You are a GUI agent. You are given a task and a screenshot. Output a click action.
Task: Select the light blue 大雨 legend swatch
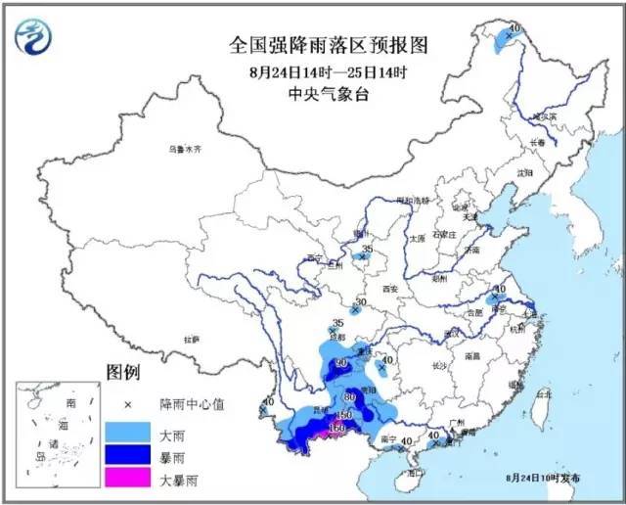tap(126, 432)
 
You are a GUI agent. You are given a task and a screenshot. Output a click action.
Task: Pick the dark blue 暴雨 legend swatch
tap(126, 456)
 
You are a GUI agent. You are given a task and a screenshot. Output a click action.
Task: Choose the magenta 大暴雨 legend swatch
tap(126, 481)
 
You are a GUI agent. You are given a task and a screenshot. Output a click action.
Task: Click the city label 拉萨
tap(191, 339)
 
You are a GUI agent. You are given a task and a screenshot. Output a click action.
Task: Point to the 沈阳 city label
tap(525, 173)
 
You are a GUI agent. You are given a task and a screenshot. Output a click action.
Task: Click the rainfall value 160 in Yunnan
tap(338, 428)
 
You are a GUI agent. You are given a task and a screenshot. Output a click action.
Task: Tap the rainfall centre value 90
tap(341, 364)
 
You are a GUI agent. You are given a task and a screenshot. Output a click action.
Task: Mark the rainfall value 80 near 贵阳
tap(350, 397)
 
